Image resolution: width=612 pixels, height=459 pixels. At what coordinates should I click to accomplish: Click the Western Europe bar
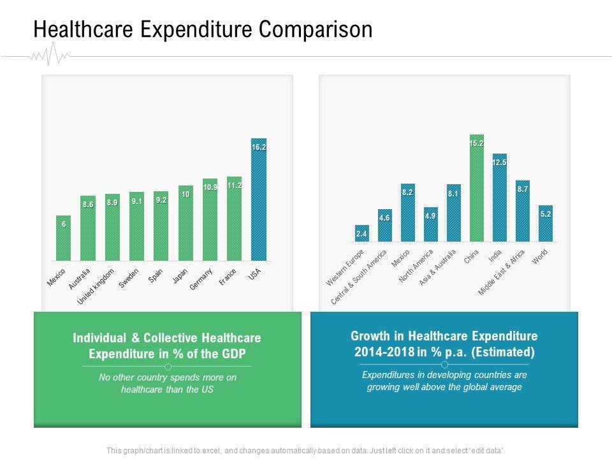pyautogui.click(x=361, y=233)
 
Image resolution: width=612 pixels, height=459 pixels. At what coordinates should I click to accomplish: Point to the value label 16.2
pyautogui.click(x=259, y=147)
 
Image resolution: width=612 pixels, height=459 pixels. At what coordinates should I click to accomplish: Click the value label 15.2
pyautogui.click(x=476, y=143)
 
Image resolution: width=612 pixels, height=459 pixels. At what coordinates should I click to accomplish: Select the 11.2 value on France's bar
pyautogui.click(x=235, y=186)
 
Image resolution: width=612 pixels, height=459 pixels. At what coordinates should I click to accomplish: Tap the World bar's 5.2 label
pyautogui.click(x=545, y=214)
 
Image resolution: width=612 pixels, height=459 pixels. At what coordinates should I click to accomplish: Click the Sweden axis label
pyautogui.click(x=129, y=279)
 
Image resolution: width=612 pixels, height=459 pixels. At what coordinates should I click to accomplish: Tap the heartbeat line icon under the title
pyautogui.click(x=50, y=56)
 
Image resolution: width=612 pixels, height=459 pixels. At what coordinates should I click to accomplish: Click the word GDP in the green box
pyautogui.click(x=231, y=354)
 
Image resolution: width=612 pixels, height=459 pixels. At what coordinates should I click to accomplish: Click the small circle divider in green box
pyautogui.click(x=168, y=367)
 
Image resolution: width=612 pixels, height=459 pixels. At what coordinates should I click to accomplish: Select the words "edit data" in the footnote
pyautogui.click(x=486, y=450)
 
